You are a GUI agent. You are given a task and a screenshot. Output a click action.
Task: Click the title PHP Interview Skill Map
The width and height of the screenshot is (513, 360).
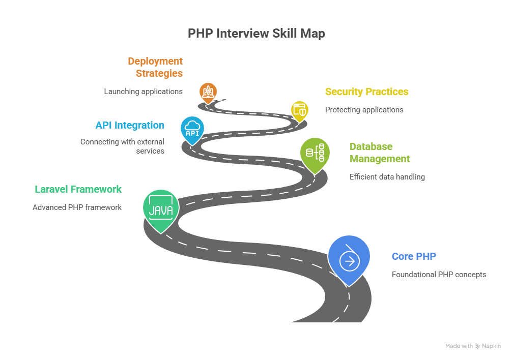256,34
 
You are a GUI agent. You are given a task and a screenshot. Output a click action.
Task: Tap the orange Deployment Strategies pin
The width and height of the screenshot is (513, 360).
208,92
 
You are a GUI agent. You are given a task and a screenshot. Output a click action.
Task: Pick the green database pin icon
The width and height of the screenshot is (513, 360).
315,152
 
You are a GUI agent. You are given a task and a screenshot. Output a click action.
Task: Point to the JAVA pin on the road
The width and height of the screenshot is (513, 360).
160,208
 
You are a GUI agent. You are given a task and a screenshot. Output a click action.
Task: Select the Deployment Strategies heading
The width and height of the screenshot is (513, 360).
156,67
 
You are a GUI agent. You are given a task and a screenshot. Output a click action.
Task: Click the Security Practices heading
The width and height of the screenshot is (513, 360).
366,92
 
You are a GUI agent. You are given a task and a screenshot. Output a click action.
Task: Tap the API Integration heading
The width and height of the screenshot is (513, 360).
130,125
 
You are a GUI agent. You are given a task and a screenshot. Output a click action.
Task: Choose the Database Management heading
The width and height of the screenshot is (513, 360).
379,153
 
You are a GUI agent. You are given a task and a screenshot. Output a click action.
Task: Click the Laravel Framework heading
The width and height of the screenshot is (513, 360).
78,189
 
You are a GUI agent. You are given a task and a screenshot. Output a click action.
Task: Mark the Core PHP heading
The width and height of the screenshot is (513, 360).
414,256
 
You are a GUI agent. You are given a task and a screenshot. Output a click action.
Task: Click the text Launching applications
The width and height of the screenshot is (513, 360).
143,92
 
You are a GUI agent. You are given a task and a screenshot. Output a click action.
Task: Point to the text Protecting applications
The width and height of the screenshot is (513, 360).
364,110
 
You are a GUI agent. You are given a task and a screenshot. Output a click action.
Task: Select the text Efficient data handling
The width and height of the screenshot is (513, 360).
387,177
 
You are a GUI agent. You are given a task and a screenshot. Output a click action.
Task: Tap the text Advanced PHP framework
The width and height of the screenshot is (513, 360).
77,207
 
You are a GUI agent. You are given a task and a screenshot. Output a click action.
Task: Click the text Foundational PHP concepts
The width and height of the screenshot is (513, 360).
439,275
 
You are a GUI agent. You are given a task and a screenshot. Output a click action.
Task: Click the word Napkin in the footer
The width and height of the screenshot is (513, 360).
492,346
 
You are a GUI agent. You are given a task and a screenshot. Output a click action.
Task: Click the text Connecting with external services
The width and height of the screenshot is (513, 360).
123,146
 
